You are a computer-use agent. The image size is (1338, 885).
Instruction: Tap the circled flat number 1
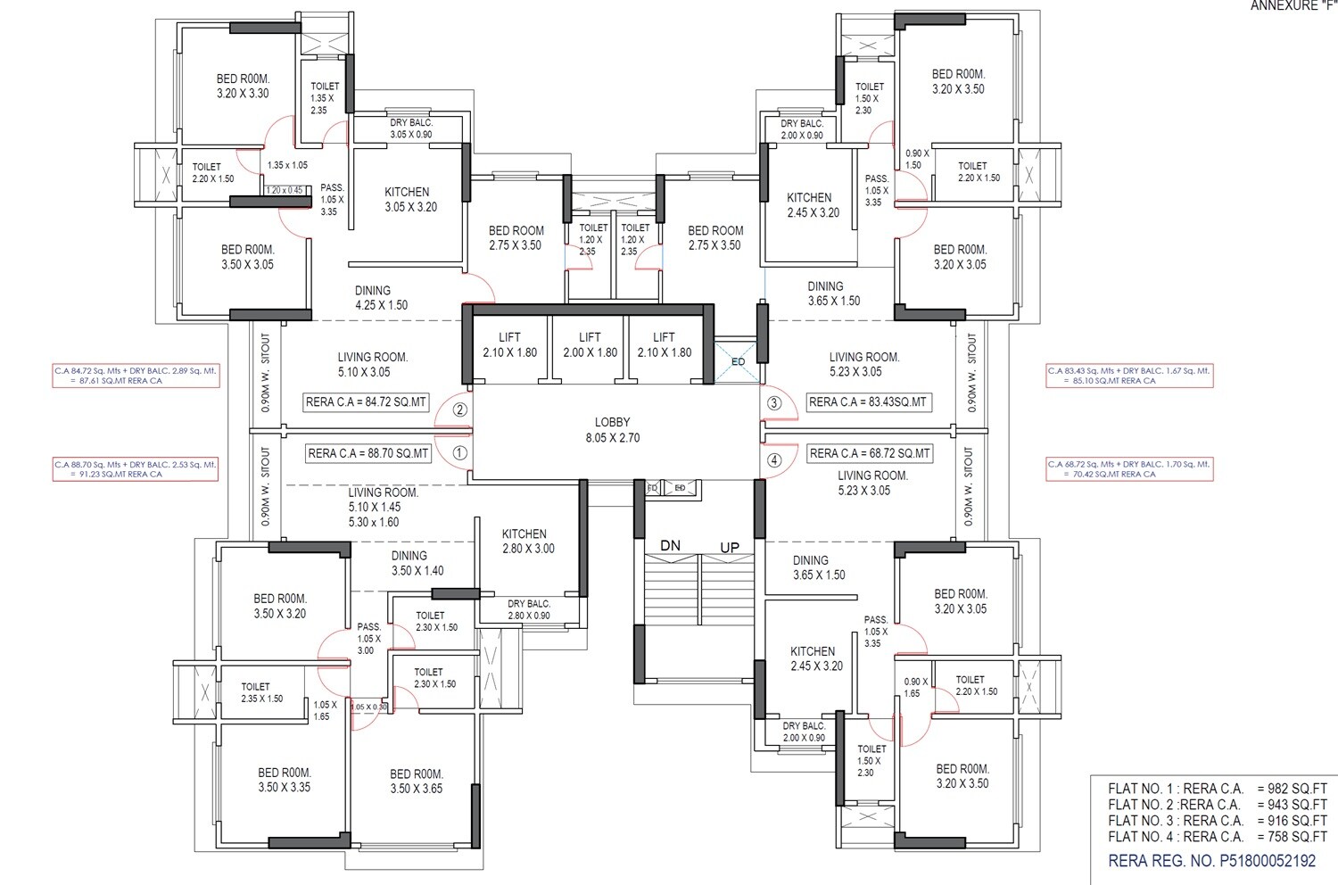click(x=459, y=453)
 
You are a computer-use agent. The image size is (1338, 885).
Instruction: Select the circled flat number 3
click(x=774, y=403)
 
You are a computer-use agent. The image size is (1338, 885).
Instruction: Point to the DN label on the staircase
click(x=671, y=546)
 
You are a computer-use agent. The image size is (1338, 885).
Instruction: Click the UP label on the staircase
click(x=729, y=547)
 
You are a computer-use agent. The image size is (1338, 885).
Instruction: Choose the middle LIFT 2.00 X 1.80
click(x=590, y=344)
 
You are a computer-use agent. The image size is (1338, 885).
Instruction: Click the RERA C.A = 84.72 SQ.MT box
click(x=367, y=402)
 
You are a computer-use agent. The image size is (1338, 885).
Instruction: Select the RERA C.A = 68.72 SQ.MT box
click(x=870, y=453)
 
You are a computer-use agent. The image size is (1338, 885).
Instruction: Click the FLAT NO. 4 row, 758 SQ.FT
click(x=1217, y=837)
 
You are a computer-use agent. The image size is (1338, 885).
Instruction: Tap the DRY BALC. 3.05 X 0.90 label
click(x=410, y=128)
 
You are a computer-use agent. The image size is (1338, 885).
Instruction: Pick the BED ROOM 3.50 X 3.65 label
click(x=417, y=782)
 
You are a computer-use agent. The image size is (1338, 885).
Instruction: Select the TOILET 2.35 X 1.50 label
click(x=261, y=693)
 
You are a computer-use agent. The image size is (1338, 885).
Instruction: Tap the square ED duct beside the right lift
click(x=737, y=361)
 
